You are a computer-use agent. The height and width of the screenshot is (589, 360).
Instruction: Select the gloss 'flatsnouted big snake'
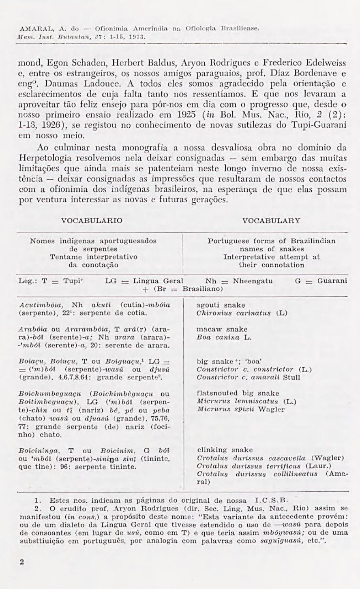[x=238, y=393]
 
